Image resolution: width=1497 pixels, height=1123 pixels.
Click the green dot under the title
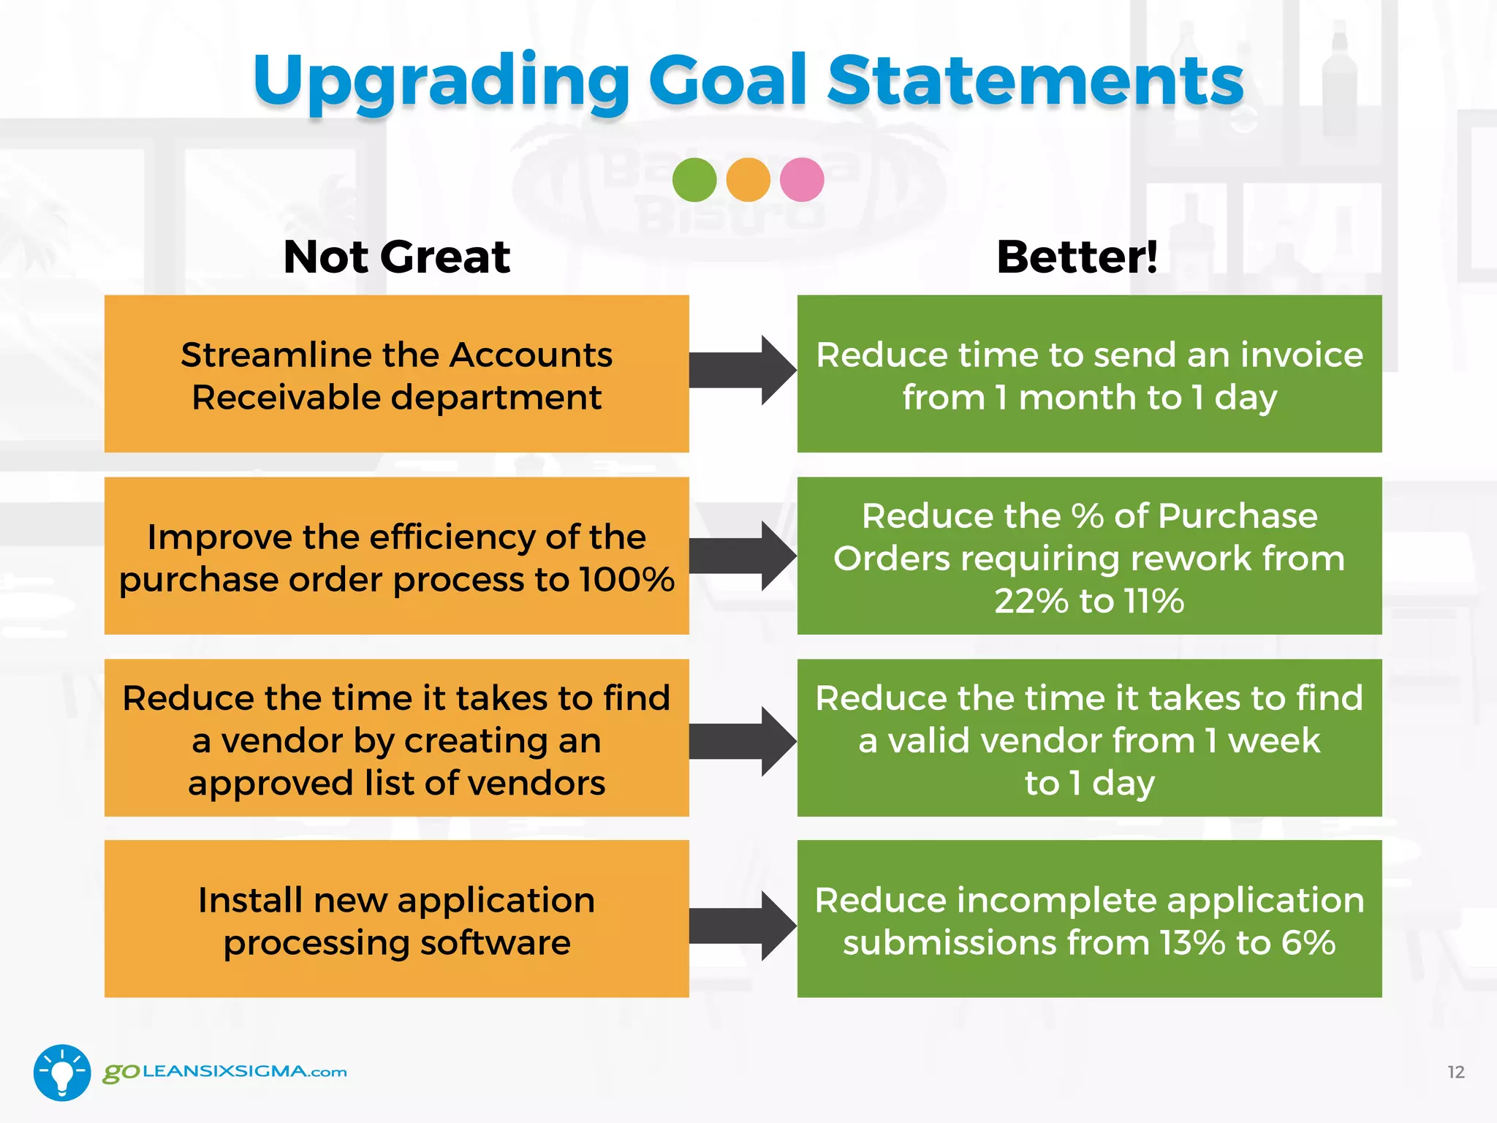[694, 180]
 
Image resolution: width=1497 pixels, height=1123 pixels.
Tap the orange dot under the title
[748, 180]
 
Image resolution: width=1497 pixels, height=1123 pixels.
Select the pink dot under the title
[802, 180]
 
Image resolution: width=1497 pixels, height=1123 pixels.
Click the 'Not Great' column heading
[396, 257]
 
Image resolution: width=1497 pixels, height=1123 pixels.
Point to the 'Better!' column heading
[1077, 257]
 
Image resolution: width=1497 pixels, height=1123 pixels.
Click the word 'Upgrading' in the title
[441, 82]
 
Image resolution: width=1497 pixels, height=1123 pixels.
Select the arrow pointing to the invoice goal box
[741, 371]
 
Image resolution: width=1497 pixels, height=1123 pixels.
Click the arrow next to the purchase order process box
[741, 556]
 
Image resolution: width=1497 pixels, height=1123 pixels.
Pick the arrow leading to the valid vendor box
[741, 741]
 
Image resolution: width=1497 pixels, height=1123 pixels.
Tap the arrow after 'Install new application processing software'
[741, 926]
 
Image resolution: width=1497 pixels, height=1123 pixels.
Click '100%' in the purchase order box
[626, 580]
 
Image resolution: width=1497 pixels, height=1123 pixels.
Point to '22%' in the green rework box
[1031, 602]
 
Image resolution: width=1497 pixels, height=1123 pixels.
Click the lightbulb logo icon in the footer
[62, 1072]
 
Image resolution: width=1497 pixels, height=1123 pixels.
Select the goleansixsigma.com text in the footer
[224, 1072]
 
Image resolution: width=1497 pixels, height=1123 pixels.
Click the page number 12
[1455, 1073]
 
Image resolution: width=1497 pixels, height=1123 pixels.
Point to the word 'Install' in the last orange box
[250, 900]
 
